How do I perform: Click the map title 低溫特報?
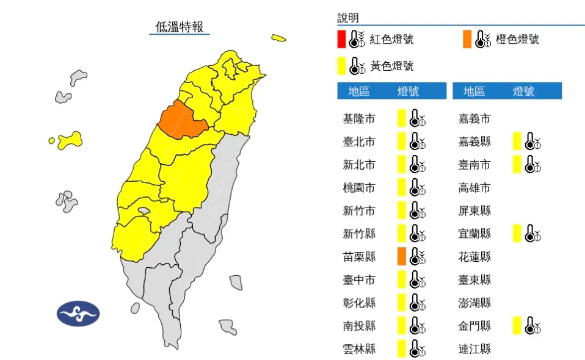[180, 26]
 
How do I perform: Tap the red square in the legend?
[341, 40]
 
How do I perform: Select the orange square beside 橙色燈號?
[467, 40]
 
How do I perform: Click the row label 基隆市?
[359, 118]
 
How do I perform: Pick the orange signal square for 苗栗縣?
[401, 256]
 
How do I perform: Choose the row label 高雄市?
[474, 188]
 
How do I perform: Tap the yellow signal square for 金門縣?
[517, 326]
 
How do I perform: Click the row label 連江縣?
[474, 349]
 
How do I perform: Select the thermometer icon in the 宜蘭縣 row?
[533, 234]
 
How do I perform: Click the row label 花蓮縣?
[474, 257]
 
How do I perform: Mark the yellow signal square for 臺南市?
[517, 164]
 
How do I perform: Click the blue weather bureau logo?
[78, 314]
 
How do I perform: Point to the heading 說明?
[348, 18]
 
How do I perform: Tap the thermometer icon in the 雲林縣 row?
[418, 349]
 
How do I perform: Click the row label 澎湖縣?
[474, 303]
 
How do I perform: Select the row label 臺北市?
[359, 142]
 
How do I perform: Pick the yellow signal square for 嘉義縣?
[517, 142]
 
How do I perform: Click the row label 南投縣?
[359, 326]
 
